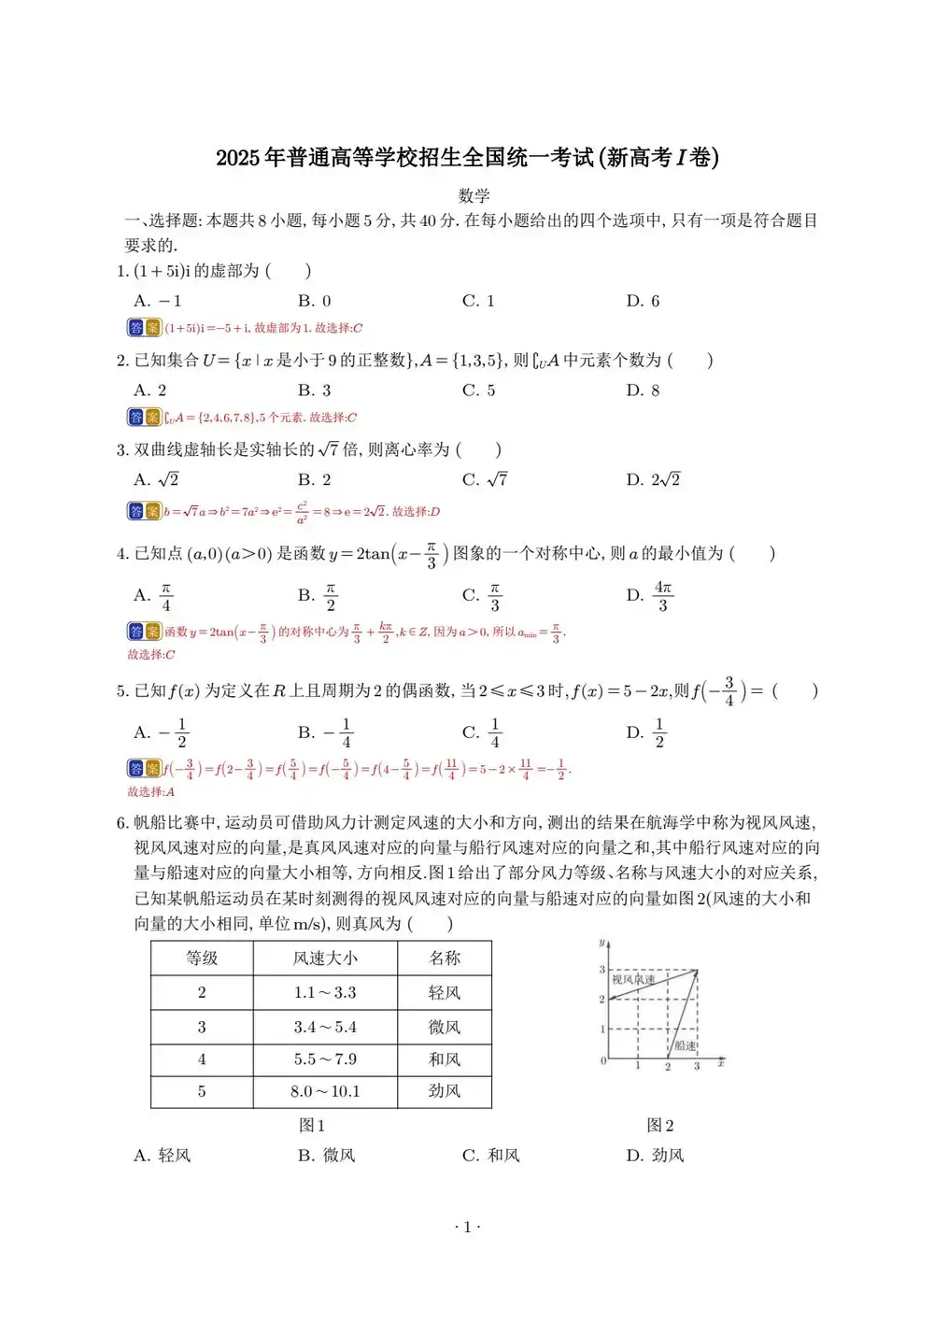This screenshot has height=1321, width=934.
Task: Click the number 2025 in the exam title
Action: pos(238,158)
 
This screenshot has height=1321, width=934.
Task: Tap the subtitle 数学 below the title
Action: pos(474,196)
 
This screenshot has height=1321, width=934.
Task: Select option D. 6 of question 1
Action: pos(643,301)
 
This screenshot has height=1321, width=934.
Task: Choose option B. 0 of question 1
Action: pos(315,301)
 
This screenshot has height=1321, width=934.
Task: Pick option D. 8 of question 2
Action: pos(643,391)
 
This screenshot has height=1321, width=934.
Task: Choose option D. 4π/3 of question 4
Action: pos(650,595)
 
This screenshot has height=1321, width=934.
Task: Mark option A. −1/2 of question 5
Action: pos(162,732)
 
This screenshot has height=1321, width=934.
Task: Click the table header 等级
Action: pos(202,958)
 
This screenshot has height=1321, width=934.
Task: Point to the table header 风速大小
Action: pos(325,958)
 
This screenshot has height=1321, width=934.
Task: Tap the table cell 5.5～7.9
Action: pos(325,1059)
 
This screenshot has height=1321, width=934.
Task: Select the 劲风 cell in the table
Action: pos(445,1091)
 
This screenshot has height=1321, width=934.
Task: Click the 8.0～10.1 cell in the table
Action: pos(325,1091)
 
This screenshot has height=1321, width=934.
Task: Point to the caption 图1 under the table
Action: pos(312,1126)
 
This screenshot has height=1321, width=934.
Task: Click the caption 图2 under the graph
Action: pos(660,1126)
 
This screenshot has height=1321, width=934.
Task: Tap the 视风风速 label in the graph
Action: pos(633,979)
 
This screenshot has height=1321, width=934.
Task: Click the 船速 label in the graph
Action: pos(686,1045)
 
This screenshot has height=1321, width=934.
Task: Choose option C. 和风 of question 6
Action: pos(491,1156)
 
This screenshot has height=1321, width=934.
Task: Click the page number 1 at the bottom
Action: pos(467,1228)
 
